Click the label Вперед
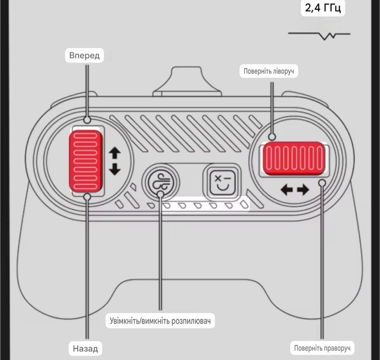click(x=84, y=56)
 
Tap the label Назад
click(x=85, y=348)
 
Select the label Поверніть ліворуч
click(x=269, y=71)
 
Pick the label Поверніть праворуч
click(x=322, y=348)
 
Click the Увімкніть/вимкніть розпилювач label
click(x=160, y=321)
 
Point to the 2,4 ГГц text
click(x=323, y=8)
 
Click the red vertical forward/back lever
click(x=86, y=161)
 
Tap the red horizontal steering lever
click(x=294, y=158)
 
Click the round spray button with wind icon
click(x=161, y=182)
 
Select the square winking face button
click(x=222, y=182)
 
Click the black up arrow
click(x=115, y=153)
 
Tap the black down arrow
click(x=115, y=169)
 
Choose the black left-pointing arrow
click(x=287, y=189)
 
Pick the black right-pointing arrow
click(x=303, y=189)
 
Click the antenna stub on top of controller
click(x=187, y=81)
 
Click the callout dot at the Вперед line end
click(x=87, y=120)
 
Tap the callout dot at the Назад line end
click(x=87, y=197)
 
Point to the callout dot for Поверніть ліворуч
click(x=272, y=137)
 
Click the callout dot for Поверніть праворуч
click(x=322, y=183)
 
